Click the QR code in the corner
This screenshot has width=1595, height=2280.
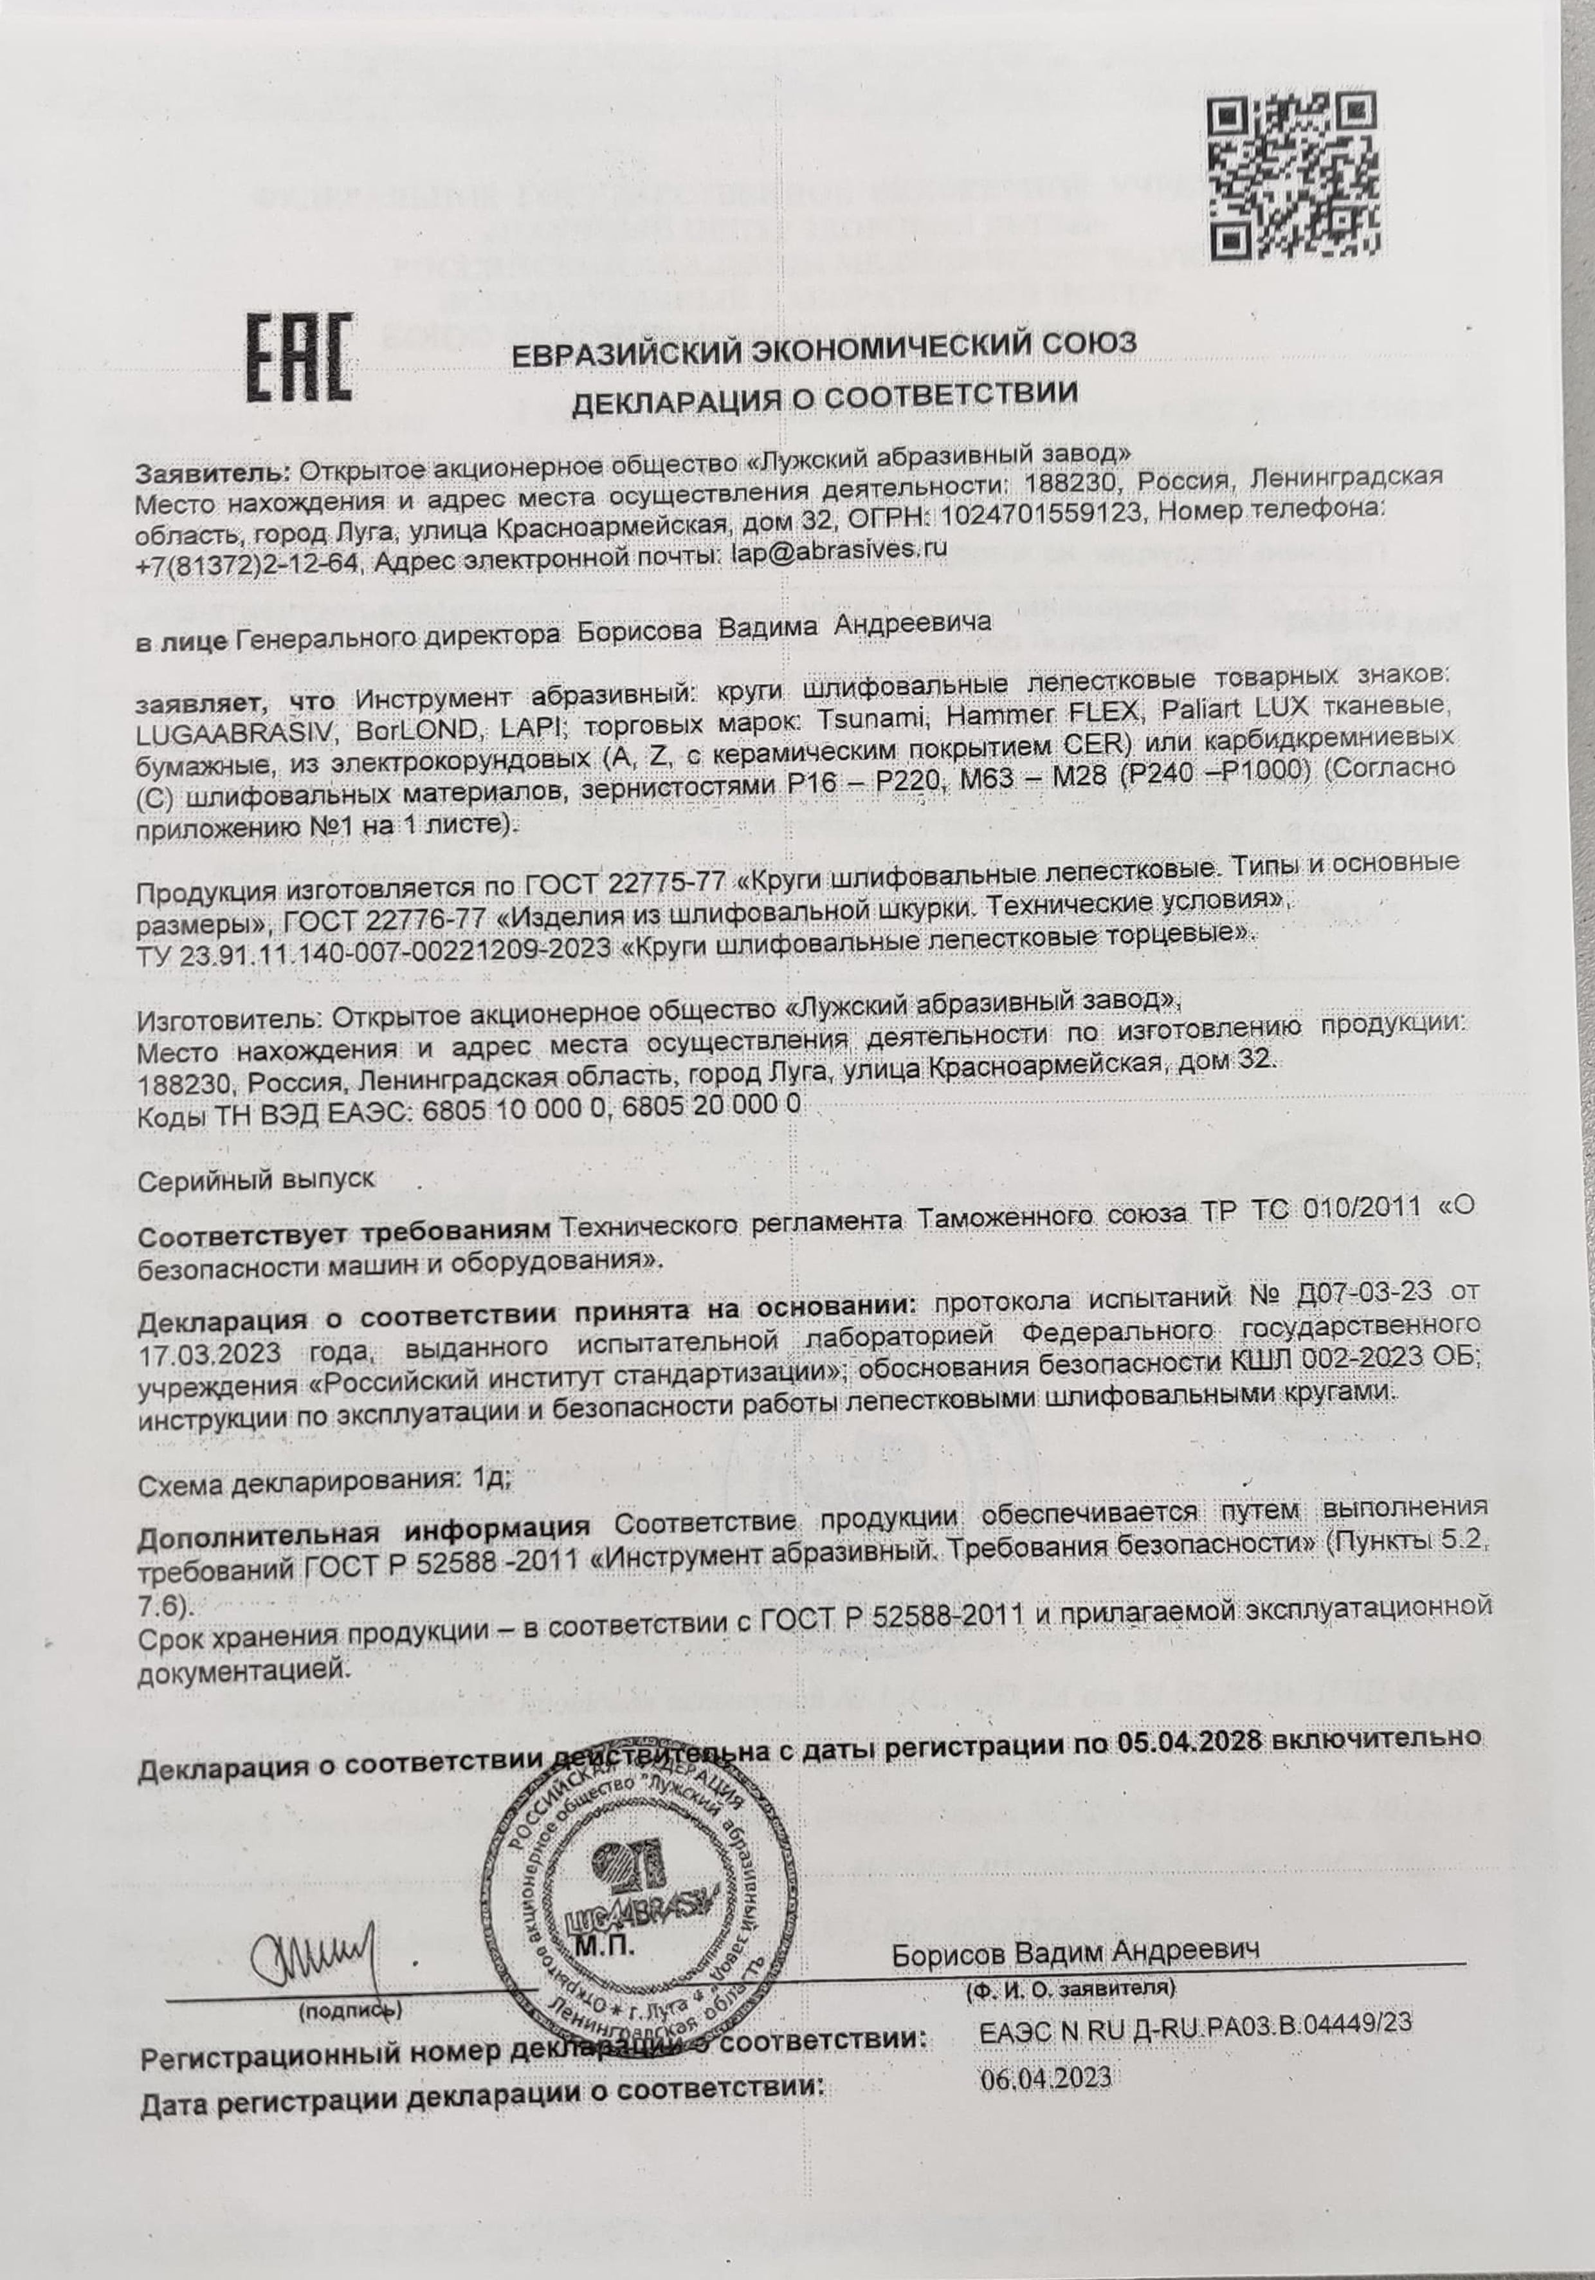coord(1295,176)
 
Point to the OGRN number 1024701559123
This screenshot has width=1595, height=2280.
coord(1038,514)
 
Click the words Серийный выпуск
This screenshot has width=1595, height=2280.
coord(256,1180)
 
